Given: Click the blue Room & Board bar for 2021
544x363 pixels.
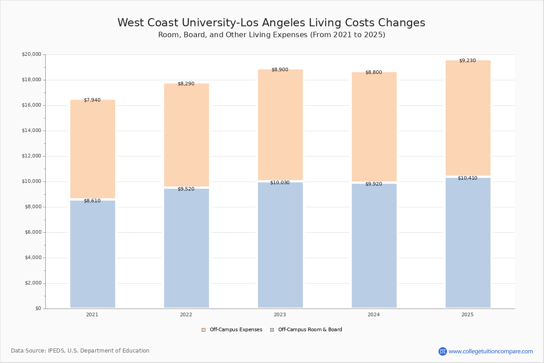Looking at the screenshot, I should click(x=92, y=254).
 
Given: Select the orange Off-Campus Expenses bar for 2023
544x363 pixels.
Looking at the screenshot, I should click(x=280, y=125).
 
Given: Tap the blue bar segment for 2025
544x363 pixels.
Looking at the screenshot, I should click(x=468, y=243).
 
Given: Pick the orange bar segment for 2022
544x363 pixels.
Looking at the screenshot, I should click(x=186, y=135).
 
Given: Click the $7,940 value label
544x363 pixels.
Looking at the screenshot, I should click(x=92, y=100).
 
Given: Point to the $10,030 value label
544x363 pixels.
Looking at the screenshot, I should click(x=280, y=183).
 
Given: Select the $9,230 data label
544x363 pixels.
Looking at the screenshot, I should click(x=467, y=61).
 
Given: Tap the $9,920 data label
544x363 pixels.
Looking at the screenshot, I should click(x=374, y=184).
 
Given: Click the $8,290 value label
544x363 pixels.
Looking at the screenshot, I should click(x=186, y=84).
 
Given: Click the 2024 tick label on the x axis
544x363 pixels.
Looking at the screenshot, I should click(x=374, y=315).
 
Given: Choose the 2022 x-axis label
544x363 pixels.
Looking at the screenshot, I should click(x=186, y=315).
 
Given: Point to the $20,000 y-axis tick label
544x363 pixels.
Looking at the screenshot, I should click(x=31, y=54).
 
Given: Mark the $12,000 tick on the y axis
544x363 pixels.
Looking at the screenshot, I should click(x=31, y=156).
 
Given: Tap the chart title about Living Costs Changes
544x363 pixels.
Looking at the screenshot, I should click(x=271, y=23).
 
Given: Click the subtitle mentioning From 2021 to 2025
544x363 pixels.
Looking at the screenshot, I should click(x=272, y=35).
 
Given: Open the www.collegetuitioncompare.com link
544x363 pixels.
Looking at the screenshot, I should click(x=491, y=351).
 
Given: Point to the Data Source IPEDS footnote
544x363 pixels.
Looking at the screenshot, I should click(x=80, y=351).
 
